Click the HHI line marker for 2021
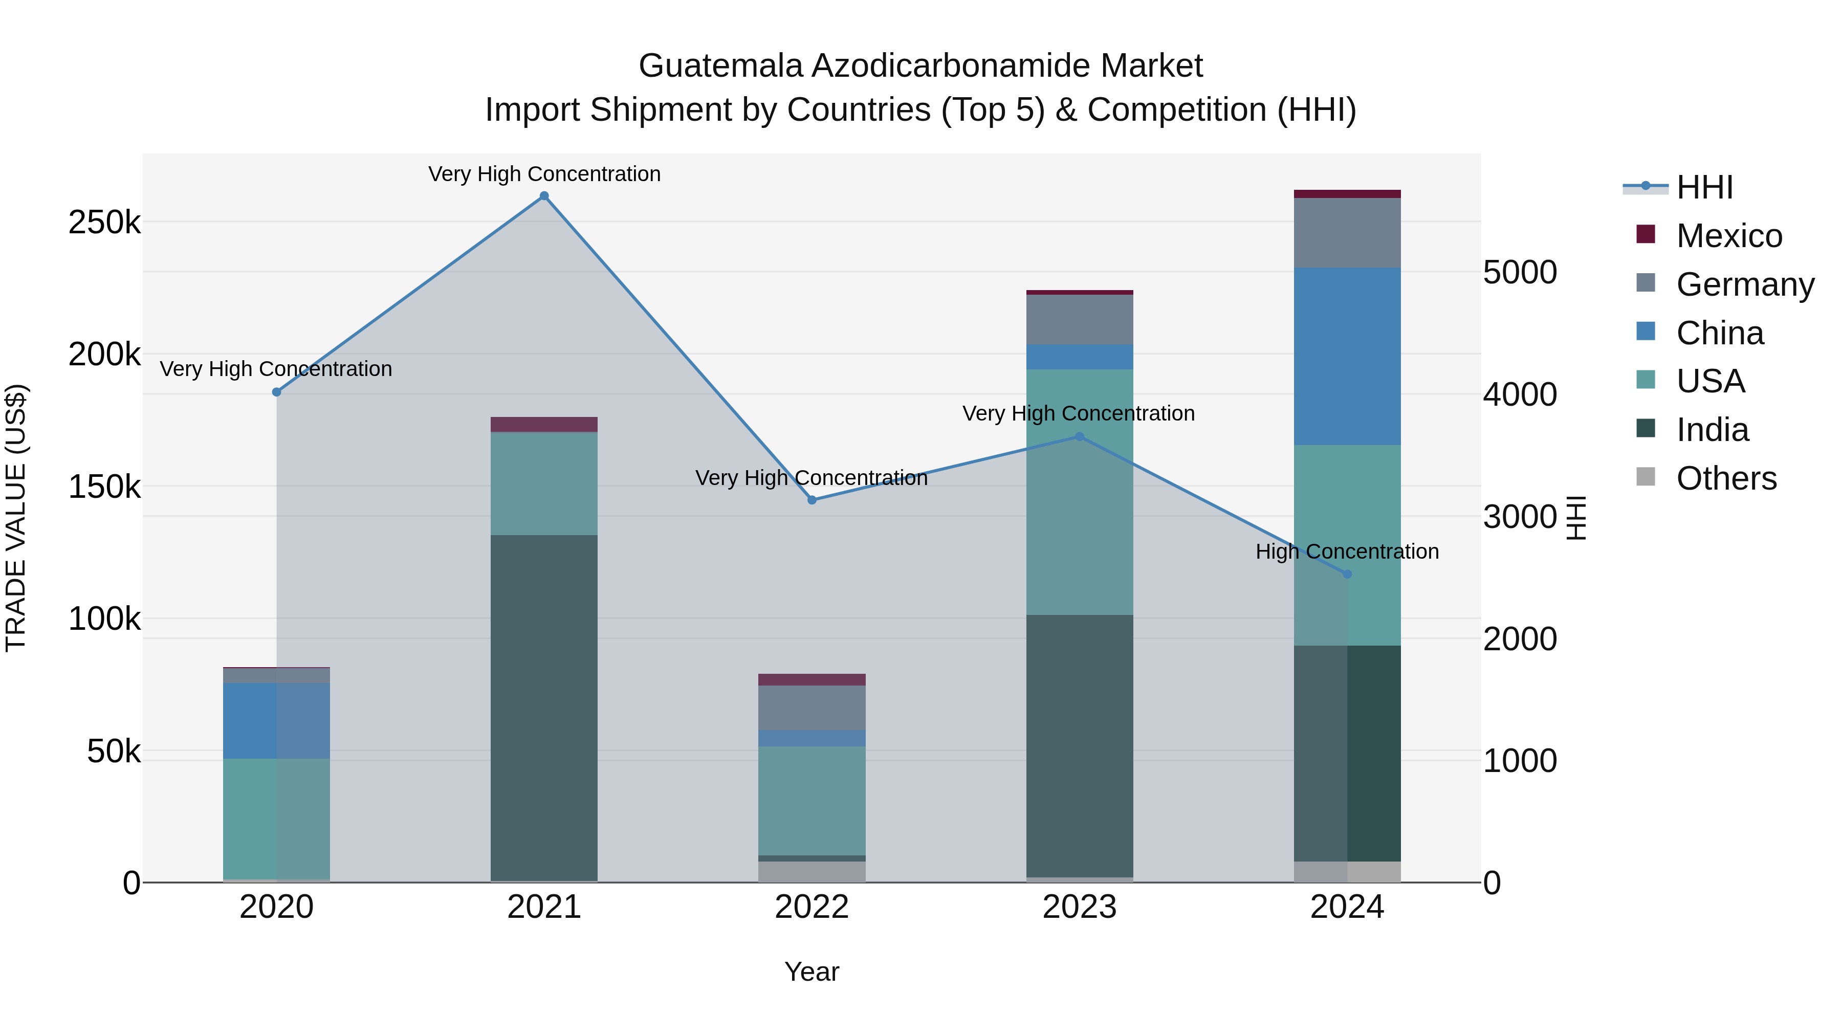tap(544, 196)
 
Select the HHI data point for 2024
tap(1347, 574)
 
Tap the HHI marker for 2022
tap(812, 500)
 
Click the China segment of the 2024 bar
tap(1347, 356)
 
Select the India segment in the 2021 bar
tap(544, 708)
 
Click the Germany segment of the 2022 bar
tap(812, 708)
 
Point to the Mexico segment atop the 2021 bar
tap(544, 425)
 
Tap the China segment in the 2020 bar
tap(277, 721)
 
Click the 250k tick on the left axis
tap(104, 223)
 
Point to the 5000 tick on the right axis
tap(1520, 272)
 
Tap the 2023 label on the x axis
tap(1080, 907)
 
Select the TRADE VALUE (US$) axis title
tap(16, 518)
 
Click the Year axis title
tap(812, 972)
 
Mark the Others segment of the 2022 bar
tap(812, 872)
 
